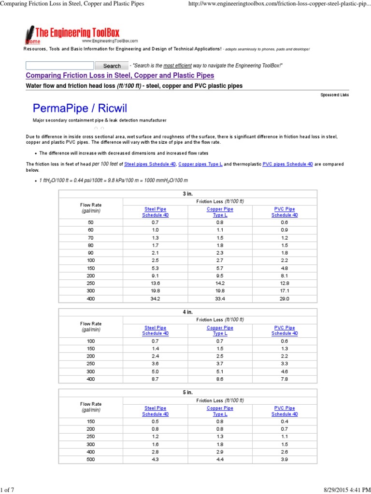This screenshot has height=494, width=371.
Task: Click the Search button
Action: point(112,66)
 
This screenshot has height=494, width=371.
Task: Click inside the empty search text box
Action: point(59,65)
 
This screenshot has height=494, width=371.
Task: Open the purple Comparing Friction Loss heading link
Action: point(119,76)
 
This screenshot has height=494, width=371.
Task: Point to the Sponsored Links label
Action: point(334,95)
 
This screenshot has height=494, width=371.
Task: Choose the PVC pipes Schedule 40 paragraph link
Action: point(287,165)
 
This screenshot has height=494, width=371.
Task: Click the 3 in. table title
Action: point(187,193)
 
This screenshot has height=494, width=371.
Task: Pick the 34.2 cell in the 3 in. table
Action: point(155,299)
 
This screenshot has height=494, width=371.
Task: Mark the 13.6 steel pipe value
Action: point(155,283)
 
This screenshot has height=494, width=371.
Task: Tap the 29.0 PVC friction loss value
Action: point(285,299)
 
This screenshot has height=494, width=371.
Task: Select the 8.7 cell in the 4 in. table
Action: point(155,379)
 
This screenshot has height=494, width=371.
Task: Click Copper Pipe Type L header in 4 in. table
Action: point(220,330)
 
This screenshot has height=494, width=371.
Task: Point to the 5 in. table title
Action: point(187,393)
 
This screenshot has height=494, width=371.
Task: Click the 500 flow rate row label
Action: point(91,459)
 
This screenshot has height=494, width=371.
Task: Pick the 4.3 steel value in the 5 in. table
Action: point(155,459)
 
